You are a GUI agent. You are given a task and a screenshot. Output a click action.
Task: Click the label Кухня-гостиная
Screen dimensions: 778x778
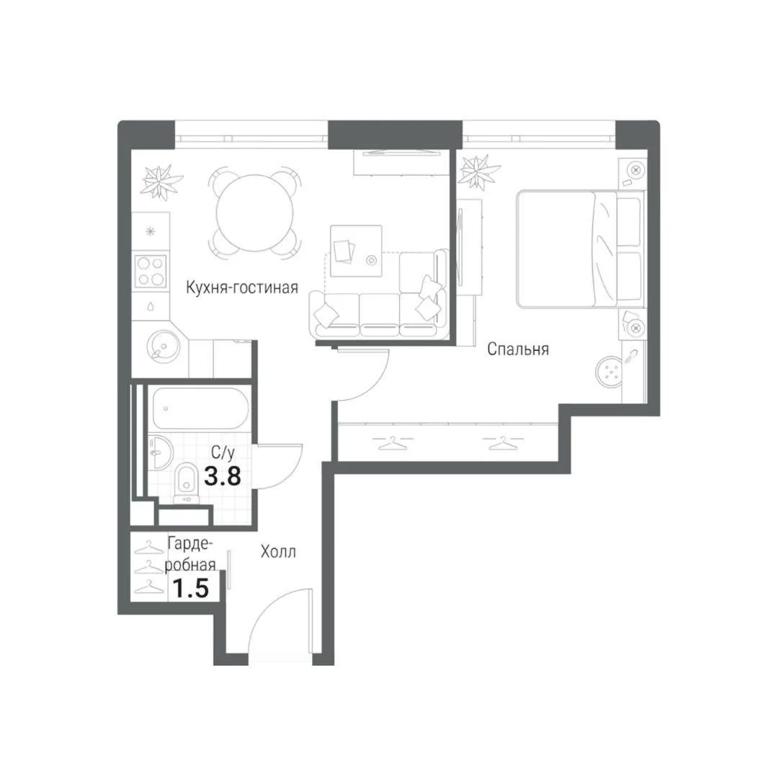(x=242, y=287)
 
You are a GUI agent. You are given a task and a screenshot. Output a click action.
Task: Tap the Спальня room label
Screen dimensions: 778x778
(x=518, y=349)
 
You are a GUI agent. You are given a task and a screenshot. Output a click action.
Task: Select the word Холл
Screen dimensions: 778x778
(x=278, y=551)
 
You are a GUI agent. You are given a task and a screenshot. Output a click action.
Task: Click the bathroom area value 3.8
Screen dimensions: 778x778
(x=223, y=476)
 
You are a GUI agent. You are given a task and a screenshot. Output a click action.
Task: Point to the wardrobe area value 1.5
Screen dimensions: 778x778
(x=190, y=589)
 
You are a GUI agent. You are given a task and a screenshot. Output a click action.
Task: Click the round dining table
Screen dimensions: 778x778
(x=254, y=213)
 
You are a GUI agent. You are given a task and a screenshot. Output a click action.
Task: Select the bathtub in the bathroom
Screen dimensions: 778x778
(x=200, y=408)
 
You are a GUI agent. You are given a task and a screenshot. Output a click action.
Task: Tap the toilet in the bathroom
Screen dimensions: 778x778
(x=186, y=482)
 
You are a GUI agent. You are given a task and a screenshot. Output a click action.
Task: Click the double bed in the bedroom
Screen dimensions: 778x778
(x=581, y=249)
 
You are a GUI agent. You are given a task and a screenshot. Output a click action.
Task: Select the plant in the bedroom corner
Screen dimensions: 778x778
(x=480, y=172)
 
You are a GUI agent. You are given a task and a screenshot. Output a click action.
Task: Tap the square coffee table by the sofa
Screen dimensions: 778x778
(x=357, y=251)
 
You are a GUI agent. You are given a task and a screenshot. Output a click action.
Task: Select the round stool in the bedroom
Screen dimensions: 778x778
(x=609, y=372)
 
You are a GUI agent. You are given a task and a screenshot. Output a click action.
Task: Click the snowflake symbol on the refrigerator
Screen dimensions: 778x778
(x=151, y=231)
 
